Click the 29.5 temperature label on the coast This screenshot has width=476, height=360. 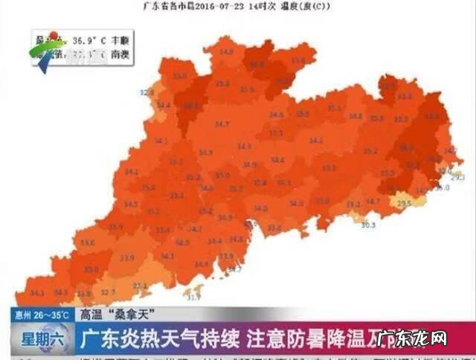405,203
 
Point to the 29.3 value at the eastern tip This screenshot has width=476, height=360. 457,178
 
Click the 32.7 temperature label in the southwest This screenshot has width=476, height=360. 108,292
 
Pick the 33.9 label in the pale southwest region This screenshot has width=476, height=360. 126,258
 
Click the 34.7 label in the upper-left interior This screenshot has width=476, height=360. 222,123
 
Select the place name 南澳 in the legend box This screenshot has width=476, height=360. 109,54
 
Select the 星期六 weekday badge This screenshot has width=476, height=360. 38,341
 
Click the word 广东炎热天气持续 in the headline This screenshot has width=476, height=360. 160,341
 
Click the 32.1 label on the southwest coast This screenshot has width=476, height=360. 140,285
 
